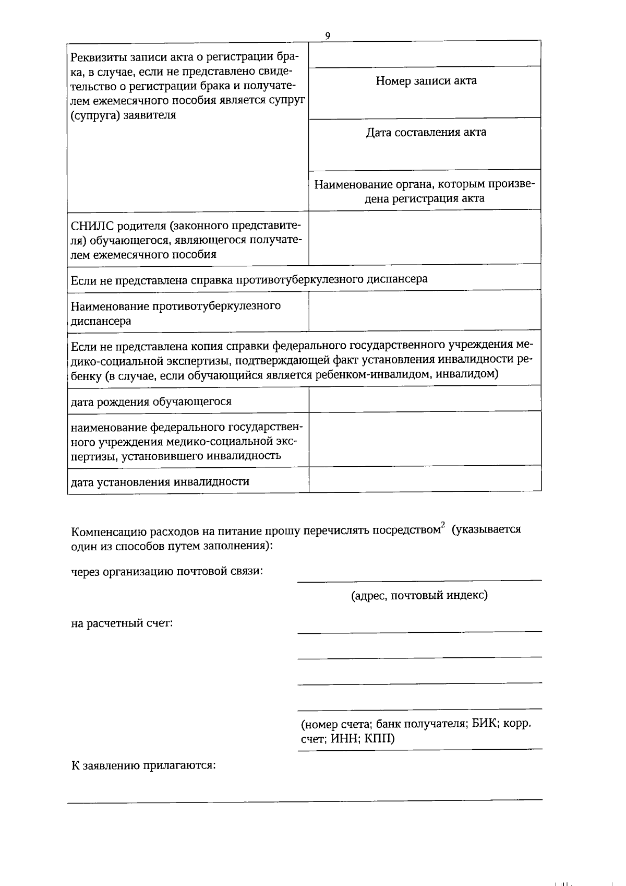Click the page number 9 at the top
click(327, 36)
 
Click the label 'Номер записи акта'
click(426, 81)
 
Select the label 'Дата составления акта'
click(426, 132)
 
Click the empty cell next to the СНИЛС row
click(425, 238)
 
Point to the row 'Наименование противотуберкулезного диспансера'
click(175, 313)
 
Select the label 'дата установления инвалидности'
click(160, 481)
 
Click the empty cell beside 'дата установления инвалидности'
click(425, 479)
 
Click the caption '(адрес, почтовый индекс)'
click(419, 595)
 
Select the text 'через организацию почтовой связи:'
click(166, 571)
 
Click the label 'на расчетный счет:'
click(122, 623)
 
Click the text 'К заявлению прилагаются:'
click(143, 765)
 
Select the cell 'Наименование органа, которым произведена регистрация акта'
click(425, 191)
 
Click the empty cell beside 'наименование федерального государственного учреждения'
click(425, 439)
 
